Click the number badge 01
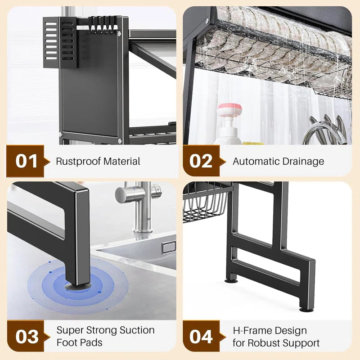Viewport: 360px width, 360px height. click(26, 161)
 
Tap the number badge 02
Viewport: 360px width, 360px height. click(201, 161)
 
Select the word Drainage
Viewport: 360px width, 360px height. click(304, 161)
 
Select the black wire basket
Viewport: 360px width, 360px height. click(205, 202)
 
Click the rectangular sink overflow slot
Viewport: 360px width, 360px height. click(169, 247)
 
